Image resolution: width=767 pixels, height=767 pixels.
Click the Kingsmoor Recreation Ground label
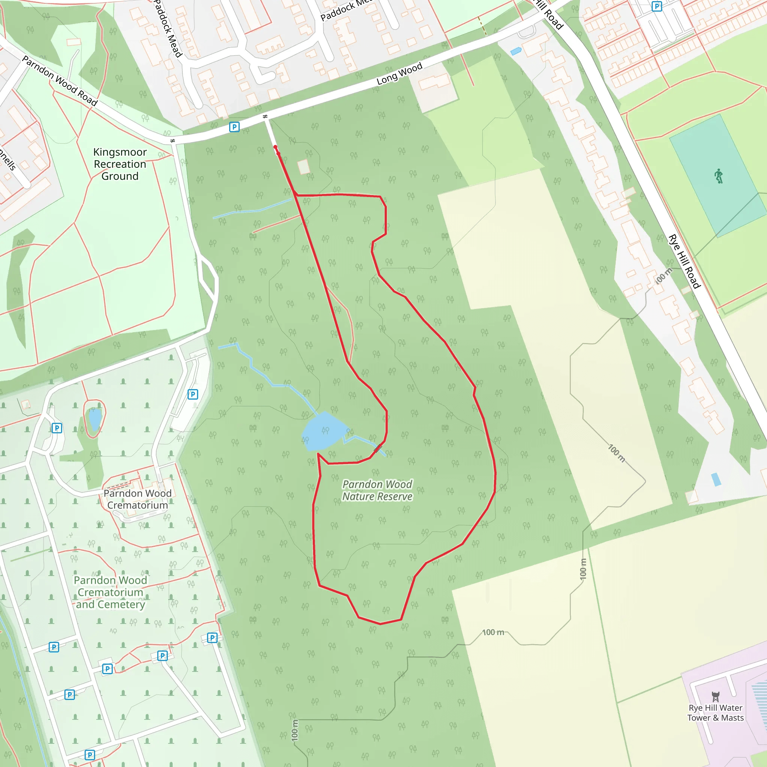tap(120, 164)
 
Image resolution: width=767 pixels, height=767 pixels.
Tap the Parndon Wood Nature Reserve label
tap(377, 490)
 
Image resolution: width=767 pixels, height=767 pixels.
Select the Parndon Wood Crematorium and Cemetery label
tap(110, 592)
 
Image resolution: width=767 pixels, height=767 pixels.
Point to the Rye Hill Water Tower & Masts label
tap(715, 713)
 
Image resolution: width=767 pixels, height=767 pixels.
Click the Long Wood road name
tap(399, 73)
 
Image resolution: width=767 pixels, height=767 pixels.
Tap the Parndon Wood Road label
tap(60, 81)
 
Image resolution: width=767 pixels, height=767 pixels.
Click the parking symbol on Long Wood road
tap(234, 127)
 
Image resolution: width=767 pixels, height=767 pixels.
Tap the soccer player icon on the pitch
tap(719, 176)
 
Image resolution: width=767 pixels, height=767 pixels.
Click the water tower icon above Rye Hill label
tap(715, 696)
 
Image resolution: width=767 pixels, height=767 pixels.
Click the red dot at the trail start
tap(275, 147)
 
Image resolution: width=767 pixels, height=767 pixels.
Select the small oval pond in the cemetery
tap(95, 419)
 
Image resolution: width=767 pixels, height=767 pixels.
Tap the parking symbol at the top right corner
tap(657, 6)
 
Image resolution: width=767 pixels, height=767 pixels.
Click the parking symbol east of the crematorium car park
tap(192, 394)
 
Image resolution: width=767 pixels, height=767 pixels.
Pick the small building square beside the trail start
tap(304, 166)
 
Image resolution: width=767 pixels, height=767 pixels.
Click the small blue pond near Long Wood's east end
tap(516, 51)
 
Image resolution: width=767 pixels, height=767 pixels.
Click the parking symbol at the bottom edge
tap(90, 755)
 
